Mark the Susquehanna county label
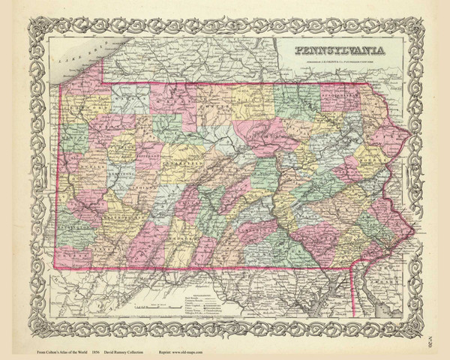pyautogui.click(x=341, y=97)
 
